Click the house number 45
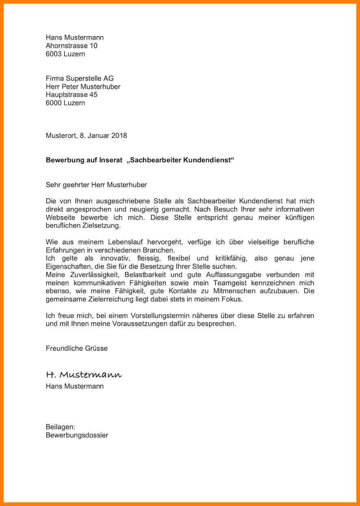tap(93, 95)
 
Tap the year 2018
tap(119, 135)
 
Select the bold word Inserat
tap(111, 160)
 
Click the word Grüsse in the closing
tap(96, 348)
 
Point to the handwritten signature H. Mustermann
tap(84, 374)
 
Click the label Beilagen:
tap(61, 427)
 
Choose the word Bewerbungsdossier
tap(77, 435)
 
